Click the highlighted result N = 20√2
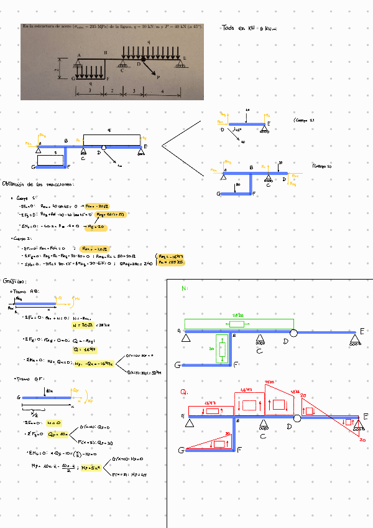(x=83, y=325)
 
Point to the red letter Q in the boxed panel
(x=184, y=392)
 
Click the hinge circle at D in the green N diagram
(x=293, y=333)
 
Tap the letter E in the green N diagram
(x=362, y=331)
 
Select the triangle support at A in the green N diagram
(x=186, y=337)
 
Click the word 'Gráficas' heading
(x=15, y=281)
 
